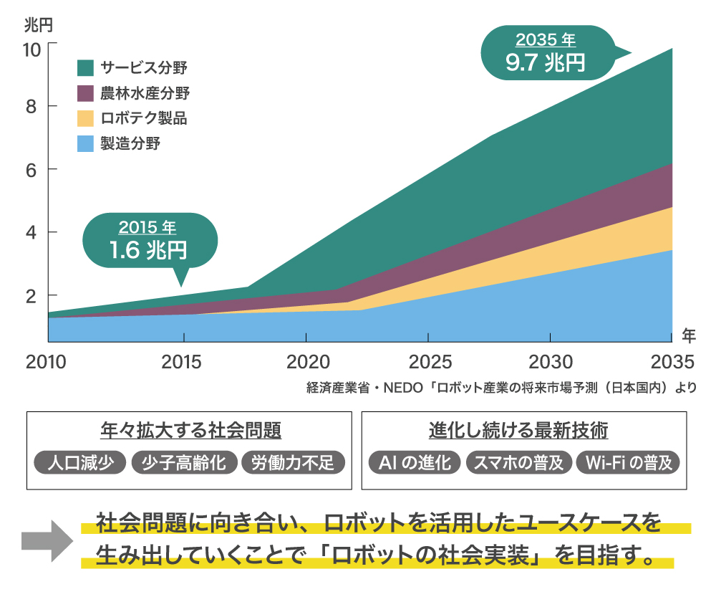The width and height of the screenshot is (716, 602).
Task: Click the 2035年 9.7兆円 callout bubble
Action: [x=546, y=53]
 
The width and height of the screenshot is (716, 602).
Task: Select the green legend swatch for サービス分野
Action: [x=85, y=68]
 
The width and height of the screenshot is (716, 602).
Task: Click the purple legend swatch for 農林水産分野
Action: [x=85, y=93]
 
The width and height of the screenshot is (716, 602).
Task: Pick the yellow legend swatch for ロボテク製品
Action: [x=85, y=118]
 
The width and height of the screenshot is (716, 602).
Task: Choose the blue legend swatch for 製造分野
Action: [x=85, y=143]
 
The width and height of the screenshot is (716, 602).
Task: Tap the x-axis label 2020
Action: [x=306, y=360]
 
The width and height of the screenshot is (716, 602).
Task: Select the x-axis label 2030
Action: [x=551, y=360]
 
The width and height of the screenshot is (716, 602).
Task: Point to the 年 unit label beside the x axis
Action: [x=688, y=334]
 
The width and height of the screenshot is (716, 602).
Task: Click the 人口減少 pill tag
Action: [x=80, y=463]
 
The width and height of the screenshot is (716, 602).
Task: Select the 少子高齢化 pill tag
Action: [x=184, y=463]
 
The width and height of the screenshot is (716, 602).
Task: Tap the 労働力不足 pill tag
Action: [x=293, y=463]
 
